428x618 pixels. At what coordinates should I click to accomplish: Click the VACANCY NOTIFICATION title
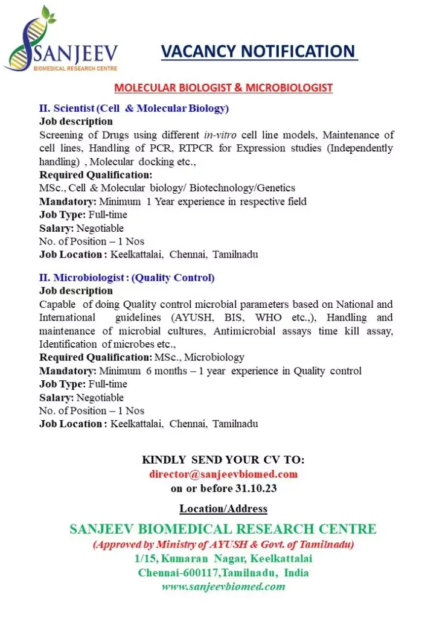(x=259, y=52)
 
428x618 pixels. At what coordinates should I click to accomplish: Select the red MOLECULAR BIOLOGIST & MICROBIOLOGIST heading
(x=223, y=88)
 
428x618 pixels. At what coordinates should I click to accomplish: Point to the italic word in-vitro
(x=220, y=135)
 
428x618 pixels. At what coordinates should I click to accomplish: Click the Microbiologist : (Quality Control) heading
(x=127, y=278)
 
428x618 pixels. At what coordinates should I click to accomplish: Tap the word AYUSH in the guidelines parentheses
(x=191, y=317)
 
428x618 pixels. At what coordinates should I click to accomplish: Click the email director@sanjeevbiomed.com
(x=223, y=474)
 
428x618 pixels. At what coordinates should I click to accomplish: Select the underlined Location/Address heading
(x=223, y=508)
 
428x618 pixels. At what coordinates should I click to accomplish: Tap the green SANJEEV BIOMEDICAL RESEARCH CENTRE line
(x=223, y=529)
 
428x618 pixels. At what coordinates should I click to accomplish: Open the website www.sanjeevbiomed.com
(x=223, y=586)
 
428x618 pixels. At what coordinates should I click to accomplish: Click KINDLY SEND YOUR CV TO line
(x=223, y=460)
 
